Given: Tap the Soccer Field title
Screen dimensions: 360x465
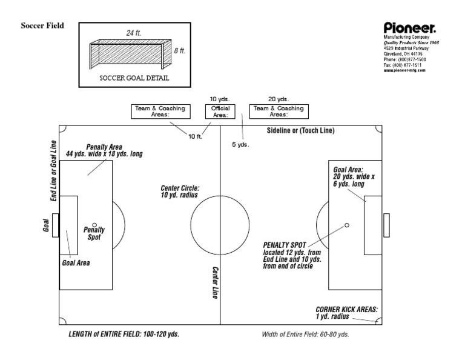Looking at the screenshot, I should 42,26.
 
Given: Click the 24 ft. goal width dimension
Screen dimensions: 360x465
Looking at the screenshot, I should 133,33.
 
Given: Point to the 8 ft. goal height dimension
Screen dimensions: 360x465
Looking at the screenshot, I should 180,51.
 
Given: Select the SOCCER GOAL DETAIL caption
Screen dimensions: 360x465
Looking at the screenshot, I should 134,79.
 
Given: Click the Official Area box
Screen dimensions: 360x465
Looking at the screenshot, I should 219,111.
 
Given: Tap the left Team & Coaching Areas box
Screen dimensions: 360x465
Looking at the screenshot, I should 159,111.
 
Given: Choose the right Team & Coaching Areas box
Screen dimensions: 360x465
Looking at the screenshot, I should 279,111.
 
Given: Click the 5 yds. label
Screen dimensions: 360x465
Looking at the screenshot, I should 240,145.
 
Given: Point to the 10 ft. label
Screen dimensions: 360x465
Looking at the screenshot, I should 195,136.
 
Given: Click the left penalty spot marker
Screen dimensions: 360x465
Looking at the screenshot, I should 94,225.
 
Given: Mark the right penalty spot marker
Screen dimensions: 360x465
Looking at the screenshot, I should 346,225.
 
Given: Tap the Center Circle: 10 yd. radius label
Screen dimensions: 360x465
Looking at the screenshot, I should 180,192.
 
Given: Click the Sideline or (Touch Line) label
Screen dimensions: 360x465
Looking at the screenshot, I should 300,130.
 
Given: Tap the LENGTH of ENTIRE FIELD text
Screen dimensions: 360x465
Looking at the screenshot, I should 124,334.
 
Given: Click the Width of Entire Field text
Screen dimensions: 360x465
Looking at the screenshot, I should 305,335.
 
